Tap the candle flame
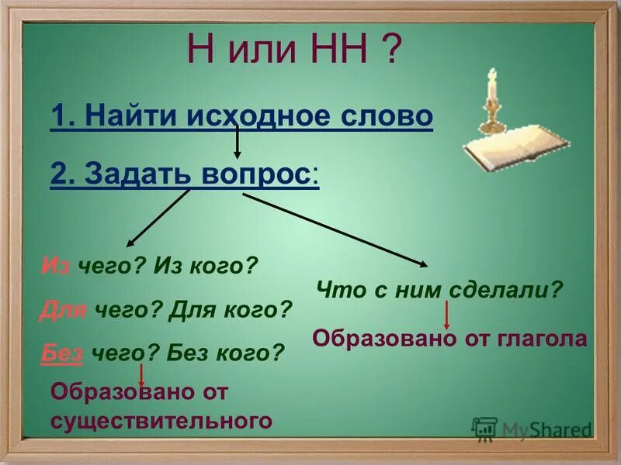tap(491, 74)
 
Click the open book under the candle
tap(516, 148)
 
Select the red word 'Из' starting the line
tap(55, 267)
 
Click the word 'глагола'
tap(546, 339)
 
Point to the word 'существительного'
tap(161, 421)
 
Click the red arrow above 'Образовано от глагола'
tap(447, 314)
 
